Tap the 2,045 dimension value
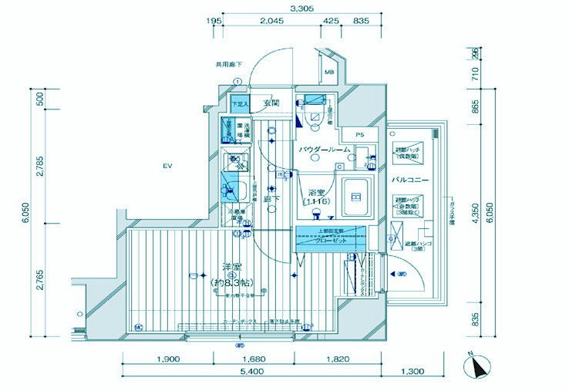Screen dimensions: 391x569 pos(271,21)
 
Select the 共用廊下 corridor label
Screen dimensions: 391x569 pos(230,65)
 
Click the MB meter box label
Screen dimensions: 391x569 pos(329,72)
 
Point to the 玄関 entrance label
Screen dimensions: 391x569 pos(271,103)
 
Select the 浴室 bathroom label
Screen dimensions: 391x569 pos(316,192)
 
